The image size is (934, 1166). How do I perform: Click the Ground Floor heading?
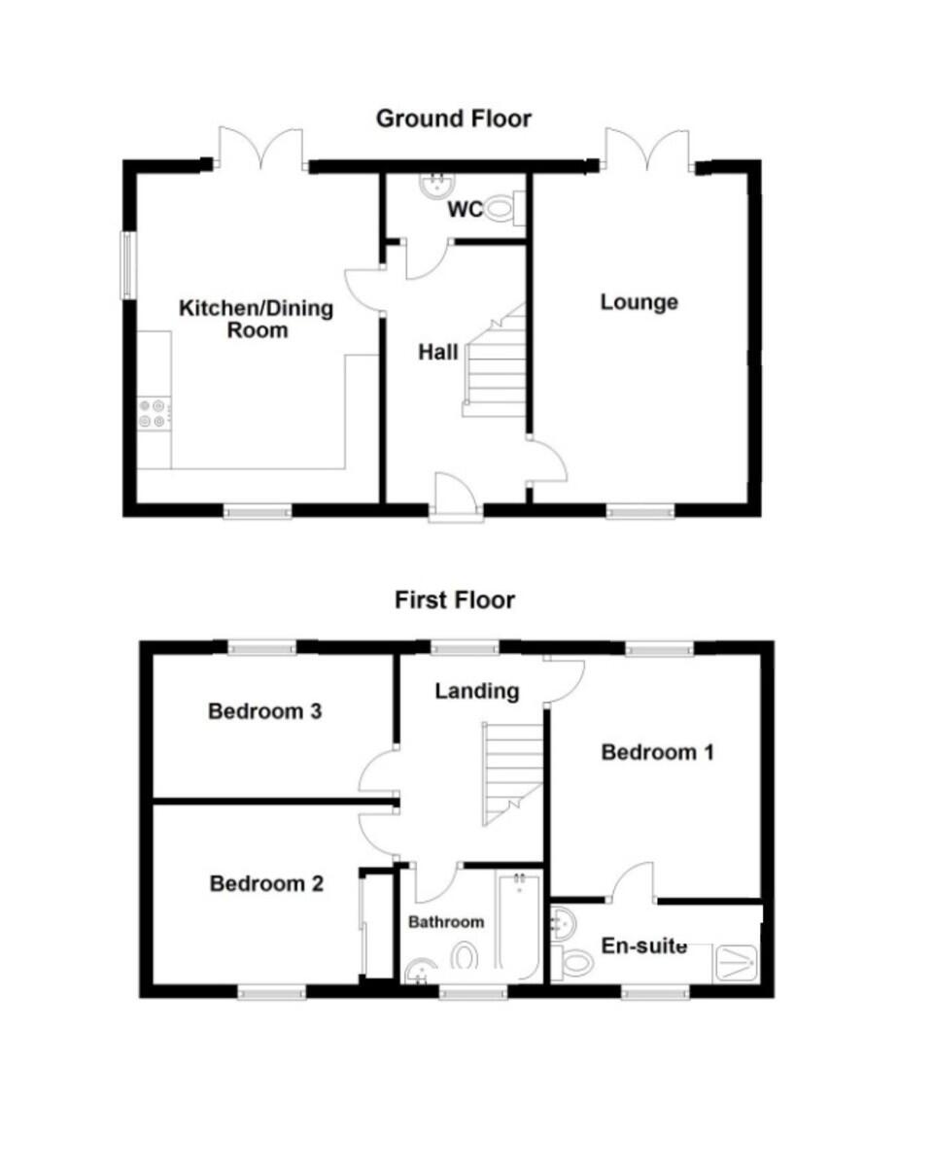453,120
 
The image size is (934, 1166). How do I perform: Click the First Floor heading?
454,600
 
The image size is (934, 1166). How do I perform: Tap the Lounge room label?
640,303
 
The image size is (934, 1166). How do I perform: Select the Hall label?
438,353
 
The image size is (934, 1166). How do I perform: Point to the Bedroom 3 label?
265,711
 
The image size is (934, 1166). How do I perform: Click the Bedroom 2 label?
266,883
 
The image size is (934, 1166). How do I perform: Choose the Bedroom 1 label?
657,753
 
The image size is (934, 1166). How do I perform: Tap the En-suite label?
644,946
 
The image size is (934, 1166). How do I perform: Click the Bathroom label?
445,922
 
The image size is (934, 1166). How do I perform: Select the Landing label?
477,692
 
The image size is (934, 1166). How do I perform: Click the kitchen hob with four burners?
154,413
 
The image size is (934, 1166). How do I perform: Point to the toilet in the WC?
505,208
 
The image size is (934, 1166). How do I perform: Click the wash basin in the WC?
437,185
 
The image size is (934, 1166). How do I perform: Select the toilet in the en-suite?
573,964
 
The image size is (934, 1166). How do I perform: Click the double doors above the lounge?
647,150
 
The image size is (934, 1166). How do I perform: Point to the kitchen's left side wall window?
128,265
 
